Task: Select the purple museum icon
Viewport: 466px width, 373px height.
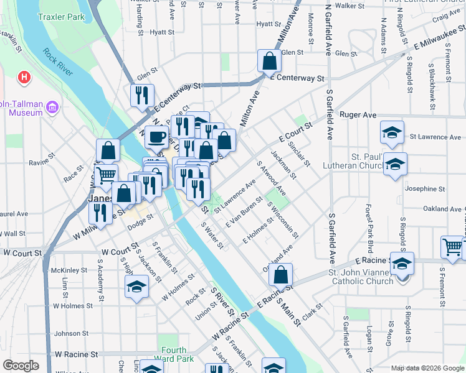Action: click(52, 108)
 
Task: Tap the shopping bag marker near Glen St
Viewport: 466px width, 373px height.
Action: click(269, 61)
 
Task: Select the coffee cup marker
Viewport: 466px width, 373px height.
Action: click(156, 136)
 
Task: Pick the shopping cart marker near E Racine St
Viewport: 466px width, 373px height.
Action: click(452, 246)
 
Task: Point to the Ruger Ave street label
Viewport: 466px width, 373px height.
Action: click(358, 115)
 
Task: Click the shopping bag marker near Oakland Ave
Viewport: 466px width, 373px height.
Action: click(281, 274)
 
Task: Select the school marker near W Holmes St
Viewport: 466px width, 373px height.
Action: click(136, 287)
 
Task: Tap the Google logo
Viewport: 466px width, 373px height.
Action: click(21, 366)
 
